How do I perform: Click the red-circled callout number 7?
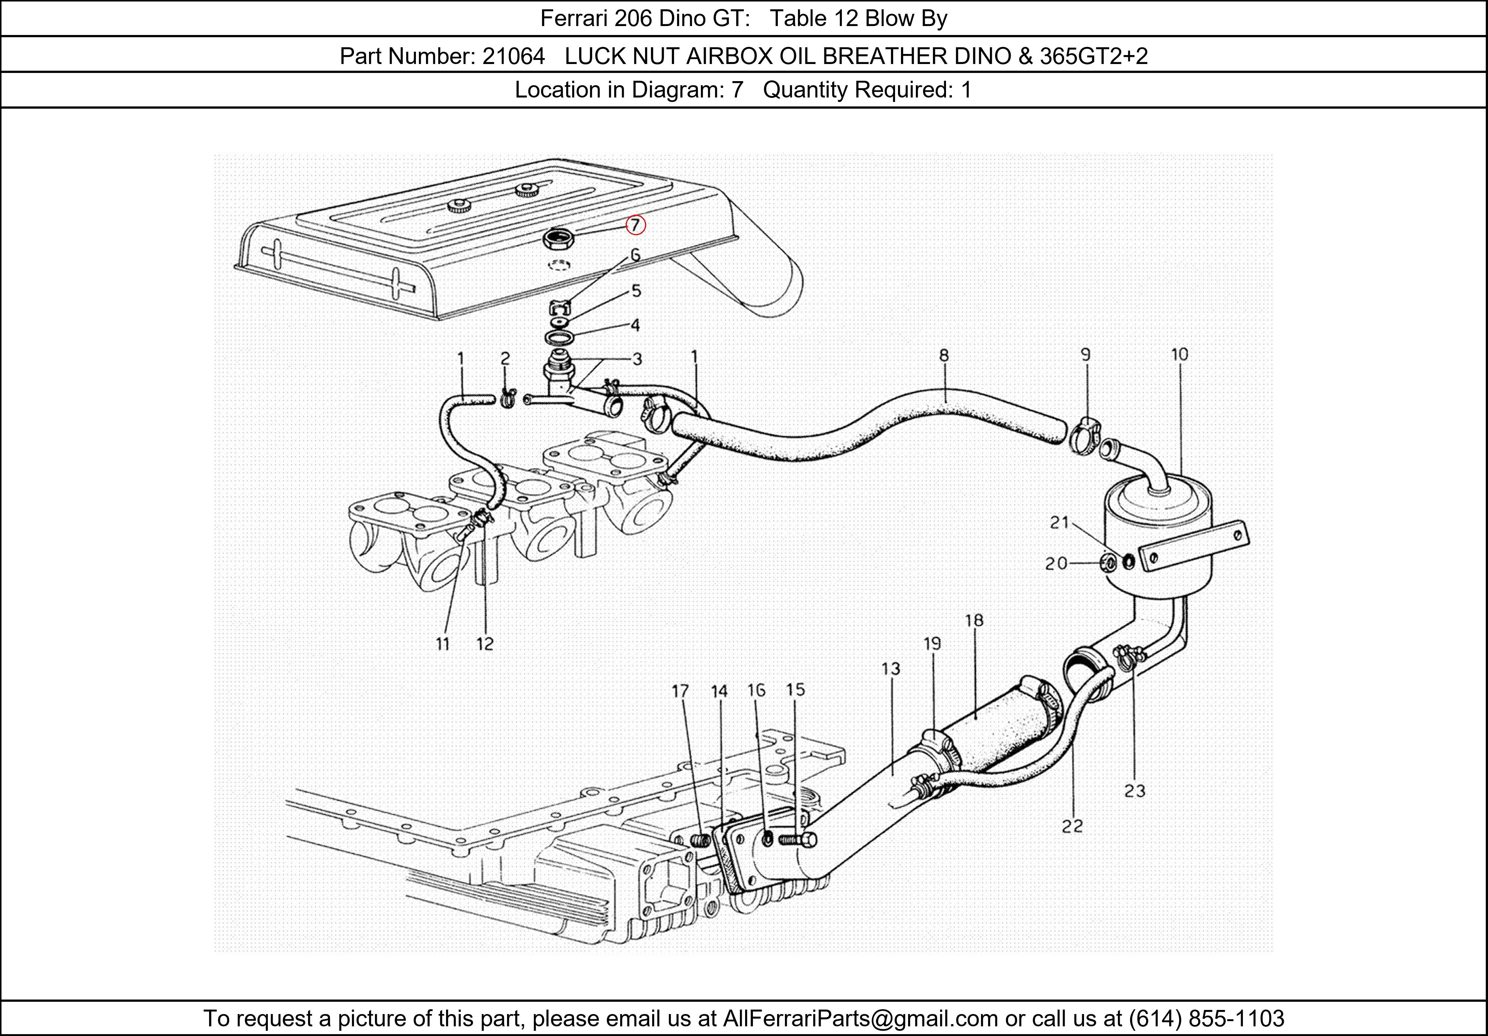tap(635, 225)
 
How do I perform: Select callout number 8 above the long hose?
tap(944, 355)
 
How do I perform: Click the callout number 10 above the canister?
tap(1180, 355)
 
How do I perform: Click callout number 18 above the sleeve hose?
tap(974, 620)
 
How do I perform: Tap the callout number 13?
tap(891, 668)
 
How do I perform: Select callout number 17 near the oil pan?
tap(680, 691)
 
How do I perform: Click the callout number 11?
tap(443, 644)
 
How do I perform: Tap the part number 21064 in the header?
tap(513, 57)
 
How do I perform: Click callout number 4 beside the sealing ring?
tap(635, 325)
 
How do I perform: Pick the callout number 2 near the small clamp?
tap(505, 358)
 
